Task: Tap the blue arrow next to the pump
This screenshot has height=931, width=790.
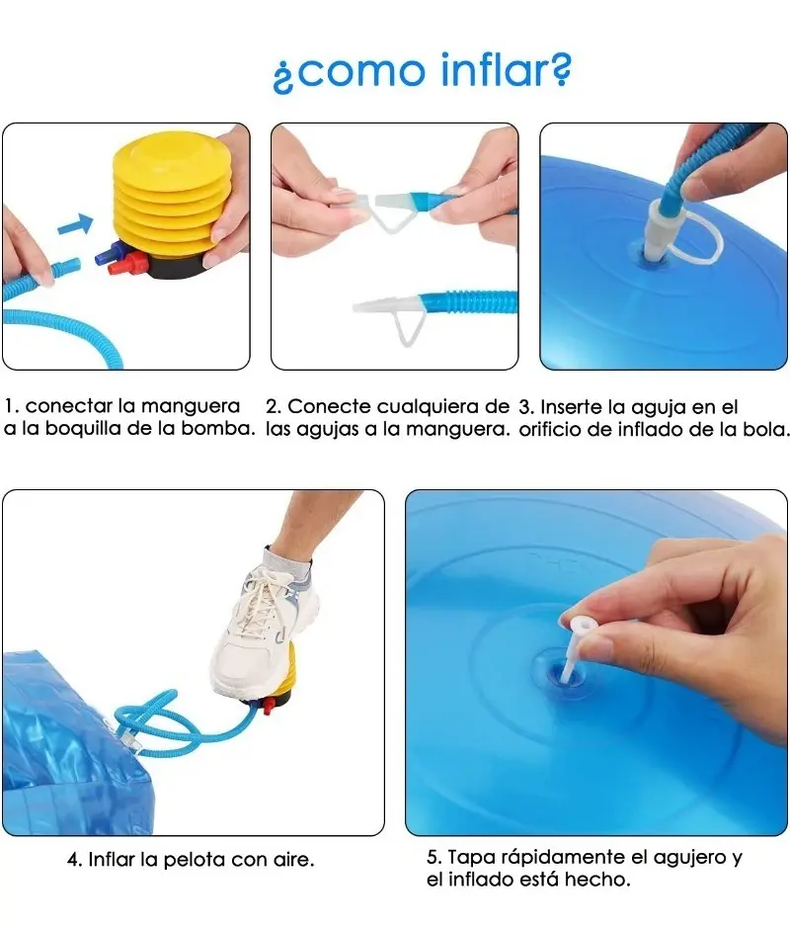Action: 75,225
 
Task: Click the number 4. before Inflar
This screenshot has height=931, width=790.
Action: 75,860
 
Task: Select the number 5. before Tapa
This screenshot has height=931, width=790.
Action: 434,858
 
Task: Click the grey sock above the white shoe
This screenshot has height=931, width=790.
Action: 287,563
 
